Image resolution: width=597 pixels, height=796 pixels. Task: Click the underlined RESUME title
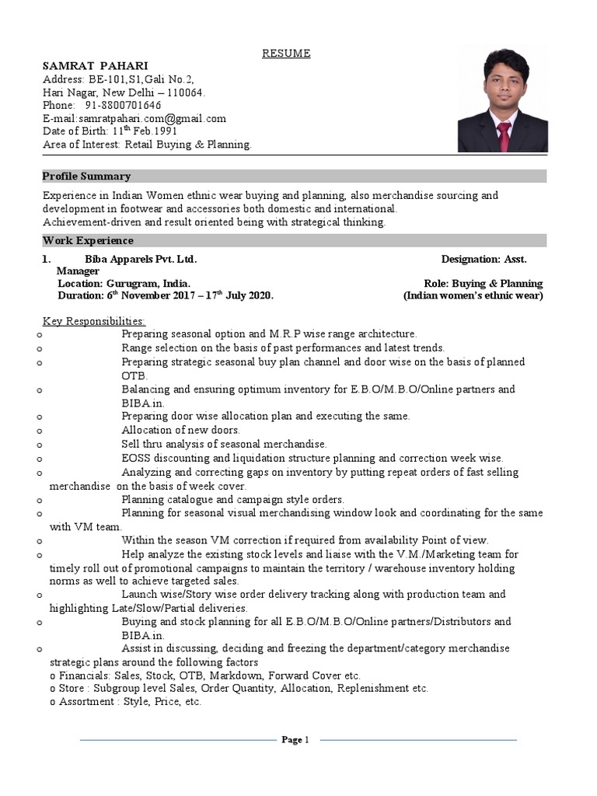coord(285,53)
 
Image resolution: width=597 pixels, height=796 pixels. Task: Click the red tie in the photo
coord(504,135)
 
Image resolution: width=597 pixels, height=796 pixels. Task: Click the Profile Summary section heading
coord(86,176)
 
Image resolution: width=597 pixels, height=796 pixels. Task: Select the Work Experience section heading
coord(88,241)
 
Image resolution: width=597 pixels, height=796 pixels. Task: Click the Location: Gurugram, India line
coord(124,284)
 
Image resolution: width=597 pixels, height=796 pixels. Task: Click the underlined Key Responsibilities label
coord(93,321)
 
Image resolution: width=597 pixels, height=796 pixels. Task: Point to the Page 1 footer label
coord(295,740)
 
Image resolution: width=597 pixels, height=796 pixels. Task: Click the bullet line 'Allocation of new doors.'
coord(180,430)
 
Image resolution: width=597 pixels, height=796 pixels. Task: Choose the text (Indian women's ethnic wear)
coord(473,296)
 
